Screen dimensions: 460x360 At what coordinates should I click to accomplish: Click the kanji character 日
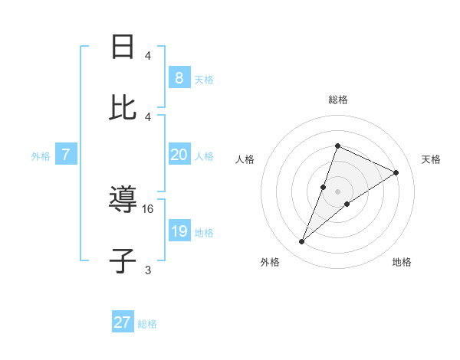coord(123,47)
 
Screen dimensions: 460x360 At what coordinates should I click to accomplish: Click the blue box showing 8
coord(179,77)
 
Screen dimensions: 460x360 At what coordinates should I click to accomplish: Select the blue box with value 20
coord(179,155)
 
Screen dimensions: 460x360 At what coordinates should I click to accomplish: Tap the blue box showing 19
coord(179,231)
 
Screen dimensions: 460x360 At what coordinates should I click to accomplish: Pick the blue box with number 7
coord(66,155)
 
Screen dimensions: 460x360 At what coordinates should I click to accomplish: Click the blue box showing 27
coord(123,322)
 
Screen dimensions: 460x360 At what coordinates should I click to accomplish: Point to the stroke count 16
coord(149,208)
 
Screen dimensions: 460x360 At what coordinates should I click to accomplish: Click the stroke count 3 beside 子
coord(148,270)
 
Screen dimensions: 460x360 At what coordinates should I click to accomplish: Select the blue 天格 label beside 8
coord(204,79)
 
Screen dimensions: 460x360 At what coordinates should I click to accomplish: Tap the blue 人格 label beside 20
coord(204,156)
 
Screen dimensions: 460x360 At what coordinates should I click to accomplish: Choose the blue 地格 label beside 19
coord(204,233)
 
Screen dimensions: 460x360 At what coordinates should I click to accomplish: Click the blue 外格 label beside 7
coord(41,156)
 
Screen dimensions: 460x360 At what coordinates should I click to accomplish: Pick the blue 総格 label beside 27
coord(147,324)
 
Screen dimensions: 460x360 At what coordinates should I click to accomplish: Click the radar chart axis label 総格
coord(337,100)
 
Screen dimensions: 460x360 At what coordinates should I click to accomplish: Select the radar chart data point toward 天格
coord(396,172)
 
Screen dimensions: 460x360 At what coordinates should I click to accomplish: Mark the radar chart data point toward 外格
coord(301,242)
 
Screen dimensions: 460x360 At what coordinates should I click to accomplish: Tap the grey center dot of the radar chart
coord(337,191)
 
